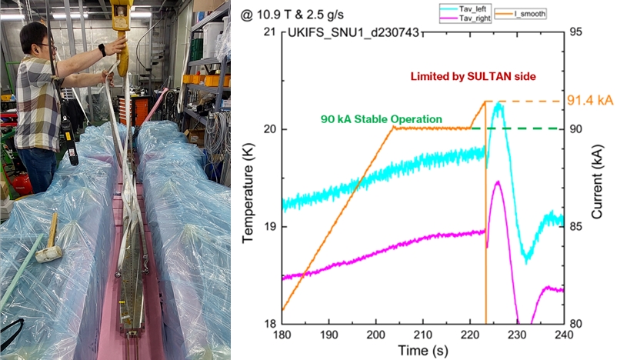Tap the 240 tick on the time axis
coord(564,335)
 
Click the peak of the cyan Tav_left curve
coord(499,103)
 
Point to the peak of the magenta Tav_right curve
coord(498,182)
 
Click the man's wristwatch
coord(102,51)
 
